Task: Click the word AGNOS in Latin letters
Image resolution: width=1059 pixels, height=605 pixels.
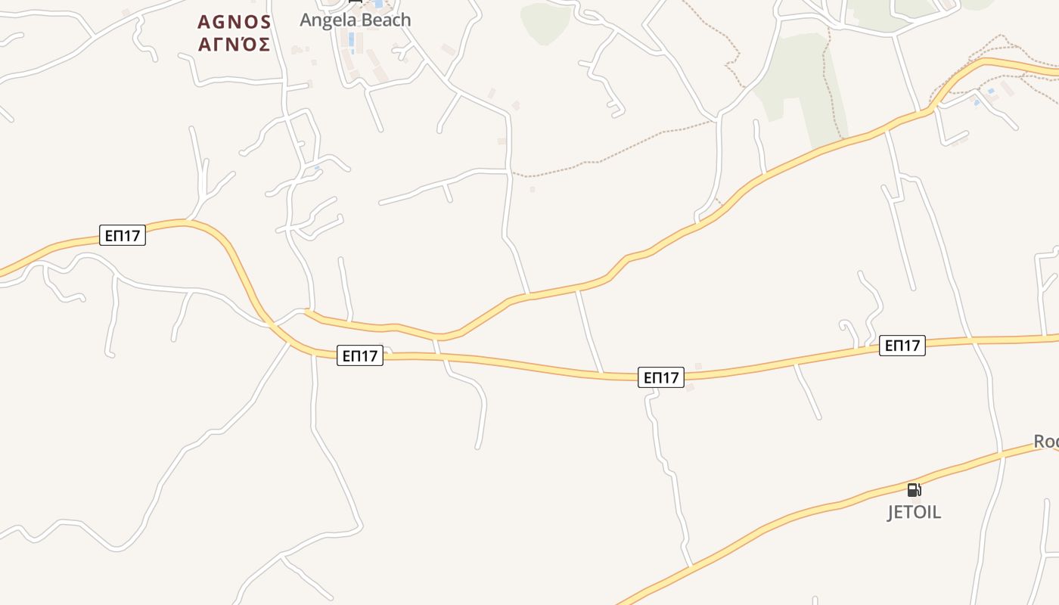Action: (x=234, y=21)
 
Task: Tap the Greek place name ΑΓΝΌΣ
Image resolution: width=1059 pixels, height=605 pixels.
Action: (x=234, y=45)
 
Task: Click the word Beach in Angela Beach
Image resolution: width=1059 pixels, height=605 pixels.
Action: (x=385, y=20)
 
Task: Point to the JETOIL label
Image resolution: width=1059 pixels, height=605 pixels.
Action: (x=914, y=512)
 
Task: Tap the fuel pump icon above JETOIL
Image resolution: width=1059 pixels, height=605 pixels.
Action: (x=914, y=489)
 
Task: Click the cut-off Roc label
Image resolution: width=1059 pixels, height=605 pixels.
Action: (x=1046, y=441)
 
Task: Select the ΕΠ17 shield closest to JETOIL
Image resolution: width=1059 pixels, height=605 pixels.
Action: (x=902, y=346)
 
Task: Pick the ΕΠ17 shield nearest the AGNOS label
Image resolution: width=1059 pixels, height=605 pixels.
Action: (x=123, y=235)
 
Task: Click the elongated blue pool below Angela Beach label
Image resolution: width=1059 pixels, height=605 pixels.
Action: (x=351, y=39)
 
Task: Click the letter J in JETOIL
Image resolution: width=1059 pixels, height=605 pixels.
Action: (x=891, y=512)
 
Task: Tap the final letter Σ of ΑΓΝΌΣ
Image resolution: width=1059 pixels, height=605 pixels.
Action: (x=263, y=45)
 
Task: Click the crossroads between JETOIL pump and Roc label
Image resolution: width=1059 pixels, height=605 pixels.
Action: (x=1000, y=452)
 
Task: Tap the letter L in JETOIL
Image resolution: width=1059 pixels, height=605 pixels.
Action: (x=936, y=512)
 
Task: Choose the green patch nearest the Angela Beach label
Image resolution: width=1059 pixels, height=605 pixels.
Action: (x=545, y=21)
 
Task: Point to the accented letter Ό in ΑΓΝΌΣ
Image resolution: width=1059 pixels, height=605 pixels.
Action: (x=246, y=45)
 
